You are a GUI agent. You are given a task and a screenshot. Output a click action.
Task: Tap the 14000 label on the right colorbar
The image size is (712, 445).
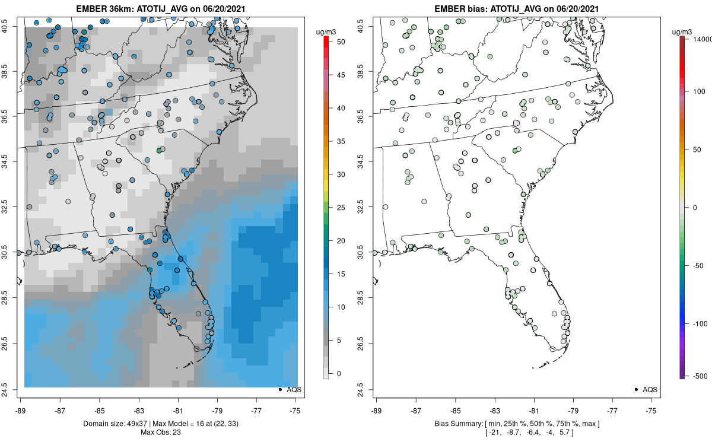pyautogui.click(x=702, y=39)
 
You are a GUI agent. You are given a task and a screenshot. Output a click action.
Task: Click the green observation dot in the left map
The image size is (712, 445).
pyautogui.click(x=159, y=151)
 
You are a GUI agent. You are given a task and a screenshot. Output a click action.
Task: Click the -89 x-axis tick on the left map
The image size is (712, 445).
pyautogui.click(x=21, y=410)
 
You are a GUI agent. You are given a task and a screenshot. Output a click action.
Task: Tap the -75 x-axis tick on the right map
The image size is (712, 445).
pyautogui.click(x=652, y=410)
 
